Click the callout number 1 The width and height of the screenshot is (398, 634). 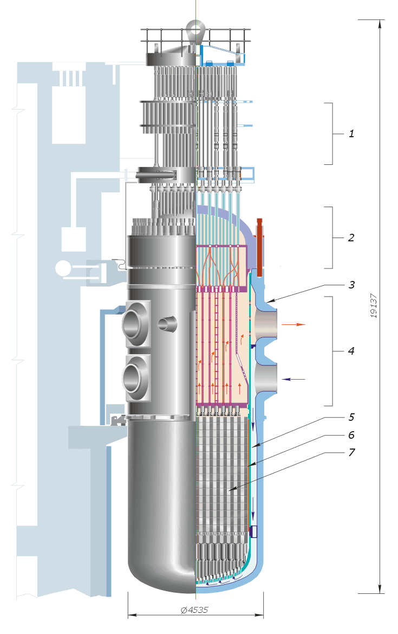tap(351, 133)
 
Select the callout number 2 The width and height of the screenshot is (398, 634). tap(351, 238)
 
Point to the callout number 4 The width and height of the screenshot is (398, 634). tap(351, 351)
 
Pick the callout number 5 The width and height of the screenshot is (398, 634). tap(351, 418)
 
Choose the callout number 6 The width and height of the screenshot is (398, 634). tap(351, 435)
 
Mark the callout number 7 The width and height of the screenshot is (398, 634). tap(351, 452)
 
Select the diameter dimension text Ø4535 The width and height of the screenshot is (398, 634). tap(195, 610)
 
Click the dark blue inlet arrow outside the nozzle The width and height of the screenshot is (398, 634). tap(295, 379)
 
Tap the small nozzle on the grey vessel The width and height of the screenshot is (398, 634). tap(167, 324)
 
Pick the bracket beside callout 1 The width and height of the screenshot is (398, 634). tap(329, 133)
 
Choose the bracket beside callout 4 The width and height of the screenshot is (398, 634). tap(329, 351)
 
